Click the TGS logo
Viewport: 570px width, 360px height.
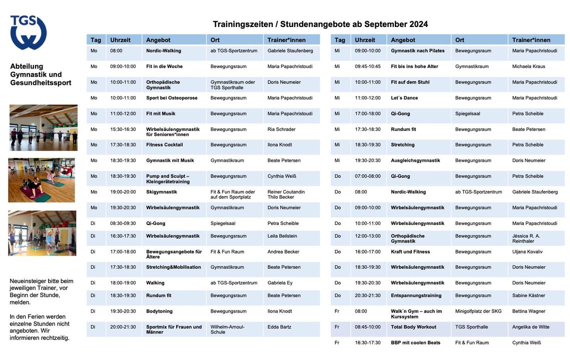point(29,32)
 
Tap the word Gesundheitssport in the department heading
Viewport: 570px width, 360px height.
point(41,82)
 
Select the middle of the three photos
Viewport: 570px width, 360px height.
point(42,180)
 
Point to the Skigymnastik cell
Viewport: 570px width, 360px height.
point(162,192)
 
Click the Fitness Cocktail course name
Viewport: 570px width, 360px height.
point(164,145)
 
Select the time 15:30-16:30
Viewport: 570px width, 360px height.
point(123,129)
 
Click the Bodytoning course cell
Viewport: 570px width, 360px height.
point(159,311)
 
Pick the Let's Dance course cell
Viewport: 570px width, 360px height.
point(404,98)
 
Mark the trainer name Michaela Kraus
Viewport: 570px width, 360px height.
point(528,66)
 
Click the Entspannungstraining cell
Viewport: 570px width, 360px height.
point(416,295)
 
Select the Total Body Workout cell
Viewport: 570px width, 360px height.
point(413,327)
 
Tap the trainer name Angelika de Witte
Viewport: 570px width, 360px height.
point(530,327)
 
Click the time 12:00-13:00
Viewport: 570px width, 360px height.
point(367,236)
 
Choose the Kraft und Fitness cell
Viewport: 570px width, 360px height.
point(410,252)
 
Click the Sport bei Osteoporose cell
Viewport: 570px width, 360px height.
point(172,98)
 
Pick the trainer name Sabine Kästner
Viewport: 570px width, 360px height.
point(528,295)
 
